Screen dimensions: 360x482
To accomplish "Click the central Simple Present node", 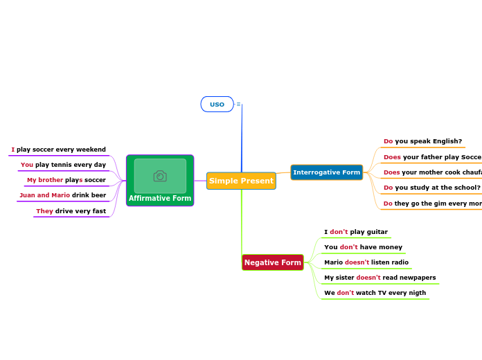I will coord(241,181).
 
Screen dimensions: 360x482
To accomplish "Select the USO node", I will coord(217,105).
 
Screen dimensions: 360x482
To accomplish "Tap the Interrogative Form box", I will coord(326,172).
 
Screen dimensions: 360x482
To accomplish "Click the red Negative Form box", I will coord(273,262).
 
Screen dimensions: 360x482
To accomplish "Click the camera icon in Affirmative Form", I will coord(160,177).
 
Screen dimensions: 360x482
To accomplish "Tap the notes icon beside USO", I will coord(238,105).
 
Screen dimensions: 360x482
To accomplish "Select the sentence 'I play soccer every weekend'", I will coord(59,150).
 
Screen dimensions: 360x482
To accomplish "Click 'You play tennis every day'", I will coord(63,165).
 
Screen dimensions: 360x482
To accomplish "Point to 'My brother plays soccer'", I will coord(66,180).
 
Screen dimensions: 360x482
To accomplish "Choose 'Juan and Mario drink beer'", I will coord(63,195).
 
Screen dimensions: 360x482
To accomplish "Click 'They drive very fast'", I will coord(71,211).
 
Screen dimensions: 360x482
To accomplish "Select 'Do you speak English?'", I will coord(422,141).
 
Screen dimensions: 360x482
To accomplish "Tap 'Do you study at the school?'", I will coord(431,188).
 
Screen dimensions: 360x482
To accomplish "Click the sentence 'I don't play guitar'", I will coord(356,232).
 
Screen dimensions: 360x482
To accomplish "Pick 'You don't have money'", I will coord(363,247).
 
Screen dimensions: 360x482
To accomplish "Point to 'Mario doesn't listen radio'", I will coord(366,262).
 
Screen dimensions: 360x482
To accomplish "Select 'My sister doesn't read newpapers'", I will coord(380,278).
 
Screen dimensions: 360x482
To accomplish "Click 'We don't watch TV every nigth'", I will coord(375,293).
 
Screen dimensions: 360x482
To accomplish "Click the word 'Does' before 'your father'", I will coord(392,157).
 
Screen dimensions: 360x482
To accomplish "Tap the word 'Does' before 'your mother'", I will coord(392,172).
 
